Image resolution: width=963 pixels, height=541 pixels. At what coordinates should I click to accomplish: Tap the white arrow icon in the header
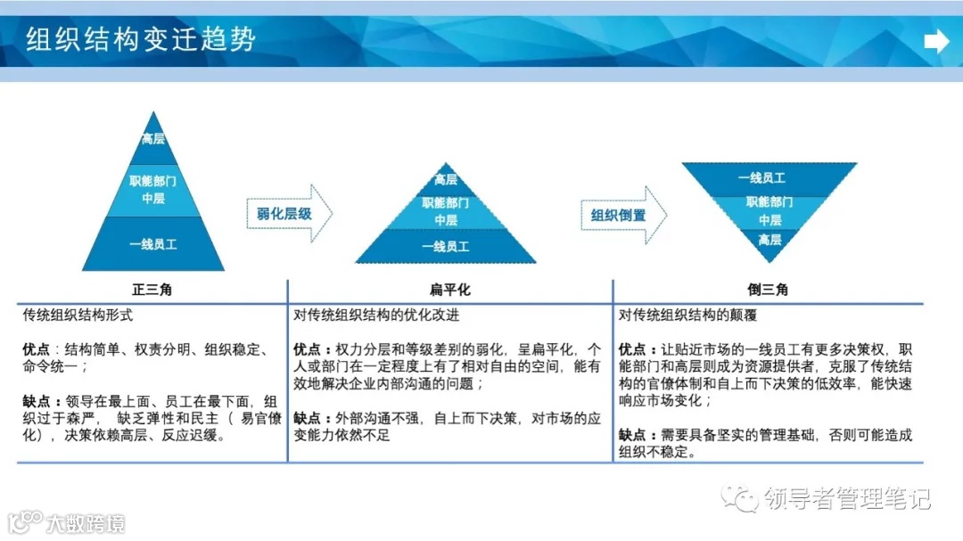[x=936, y=41]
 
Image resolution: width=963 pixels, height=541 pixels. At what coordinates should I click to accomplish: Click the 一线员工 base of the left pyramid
[x=153, y=243]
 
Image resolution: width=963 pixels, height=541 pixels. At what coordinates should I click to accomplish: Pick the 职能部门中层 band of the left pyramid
[x=153, y=189]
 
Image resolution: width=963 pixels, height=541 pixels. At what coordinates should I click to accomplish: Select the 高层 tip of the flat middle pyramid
[x=446, y=180]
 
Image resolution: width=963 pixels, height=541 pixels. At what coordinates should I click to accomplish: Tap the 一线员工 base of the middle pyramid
[x=446, y=247]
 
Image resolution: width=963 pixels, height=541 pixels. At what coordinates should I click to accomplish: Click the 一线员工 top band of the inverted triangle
[x=769, y=178]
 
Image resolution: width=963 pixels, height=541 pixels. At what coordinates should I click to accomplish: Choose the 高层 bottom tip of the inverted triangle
[x=770, y=240]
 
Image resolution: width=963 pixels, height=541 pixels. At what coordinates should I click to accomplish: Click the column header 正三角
[x=152, y=290]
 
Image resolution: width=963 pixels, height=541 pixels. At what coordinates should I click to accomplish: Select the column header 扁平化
[x=450, y=290]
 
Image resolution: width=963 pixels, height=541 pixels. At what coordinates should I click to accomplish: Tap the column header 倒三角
[x=768, y=290]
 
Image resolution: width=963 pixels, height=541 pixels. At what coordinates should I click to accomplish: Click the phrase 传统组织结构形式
[x=78, y=316]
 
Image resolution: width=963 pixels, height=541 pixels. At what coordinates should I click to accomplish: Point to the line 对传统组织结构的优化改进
[x=377, y=316]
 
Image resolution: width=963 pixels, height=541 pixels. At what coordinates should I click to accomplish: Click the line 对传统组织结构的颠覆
[x=687, y=316]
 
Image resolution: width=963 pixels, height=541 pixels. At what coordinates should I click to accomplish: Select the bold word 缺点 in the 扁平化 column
[x=307, y=417]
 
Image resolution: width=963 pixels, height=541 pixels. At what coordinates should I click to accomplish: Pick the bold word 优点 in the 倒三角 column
[x=632, y=349]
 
